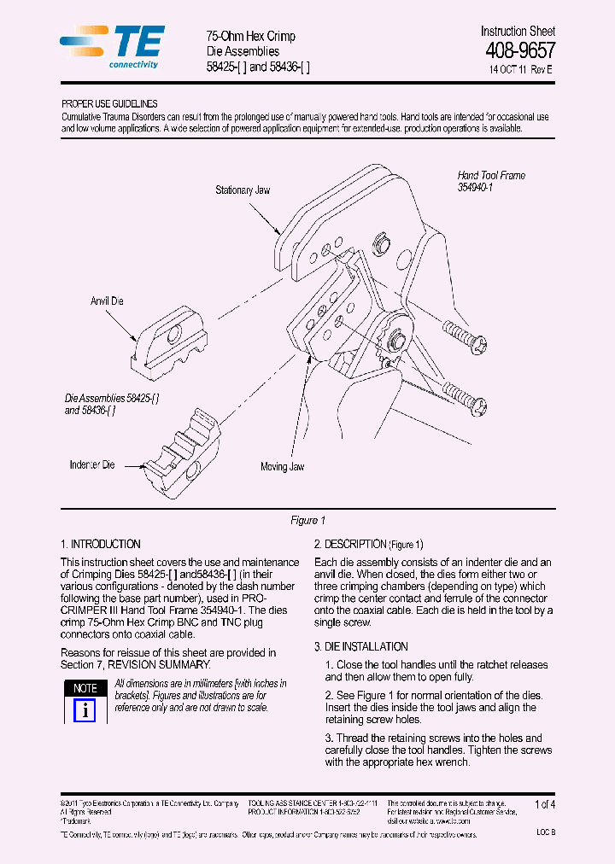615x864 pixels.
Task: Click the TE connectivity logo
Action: tap(112, 46)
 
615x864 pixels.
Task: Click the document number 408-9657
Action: tap(519, 50)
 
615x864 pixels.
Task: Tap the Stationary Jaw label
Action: tap(243, 190)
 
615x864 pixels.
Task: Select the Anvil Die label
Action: tap(108, 301)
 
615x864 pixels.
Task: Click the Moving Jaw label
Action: tap(282, 467)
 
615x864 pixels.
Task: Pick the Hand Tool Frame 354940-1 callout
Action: tap(491, 181)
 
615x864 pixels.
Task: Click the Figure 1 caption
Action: tap(308, 520)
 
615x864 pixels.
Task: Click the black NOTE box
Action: tap(85, 688)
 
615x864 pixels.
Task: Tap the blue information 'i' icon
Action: tap(85, 710)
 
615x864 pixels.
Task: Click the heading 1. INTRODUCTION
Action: tap(101, 544)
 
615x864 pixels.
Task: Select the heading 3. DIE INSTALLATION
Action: tap(360, 646)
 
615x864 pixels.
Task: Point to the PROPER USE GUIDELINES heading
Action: tap(109, 103)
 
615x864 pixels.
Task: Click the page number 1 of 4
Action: tap(544, 804)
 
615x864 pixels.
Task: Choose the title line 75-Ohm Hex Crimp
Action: tap(251, 36)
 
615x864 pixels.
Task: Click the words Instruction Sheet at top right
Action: tap(518, 31)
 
